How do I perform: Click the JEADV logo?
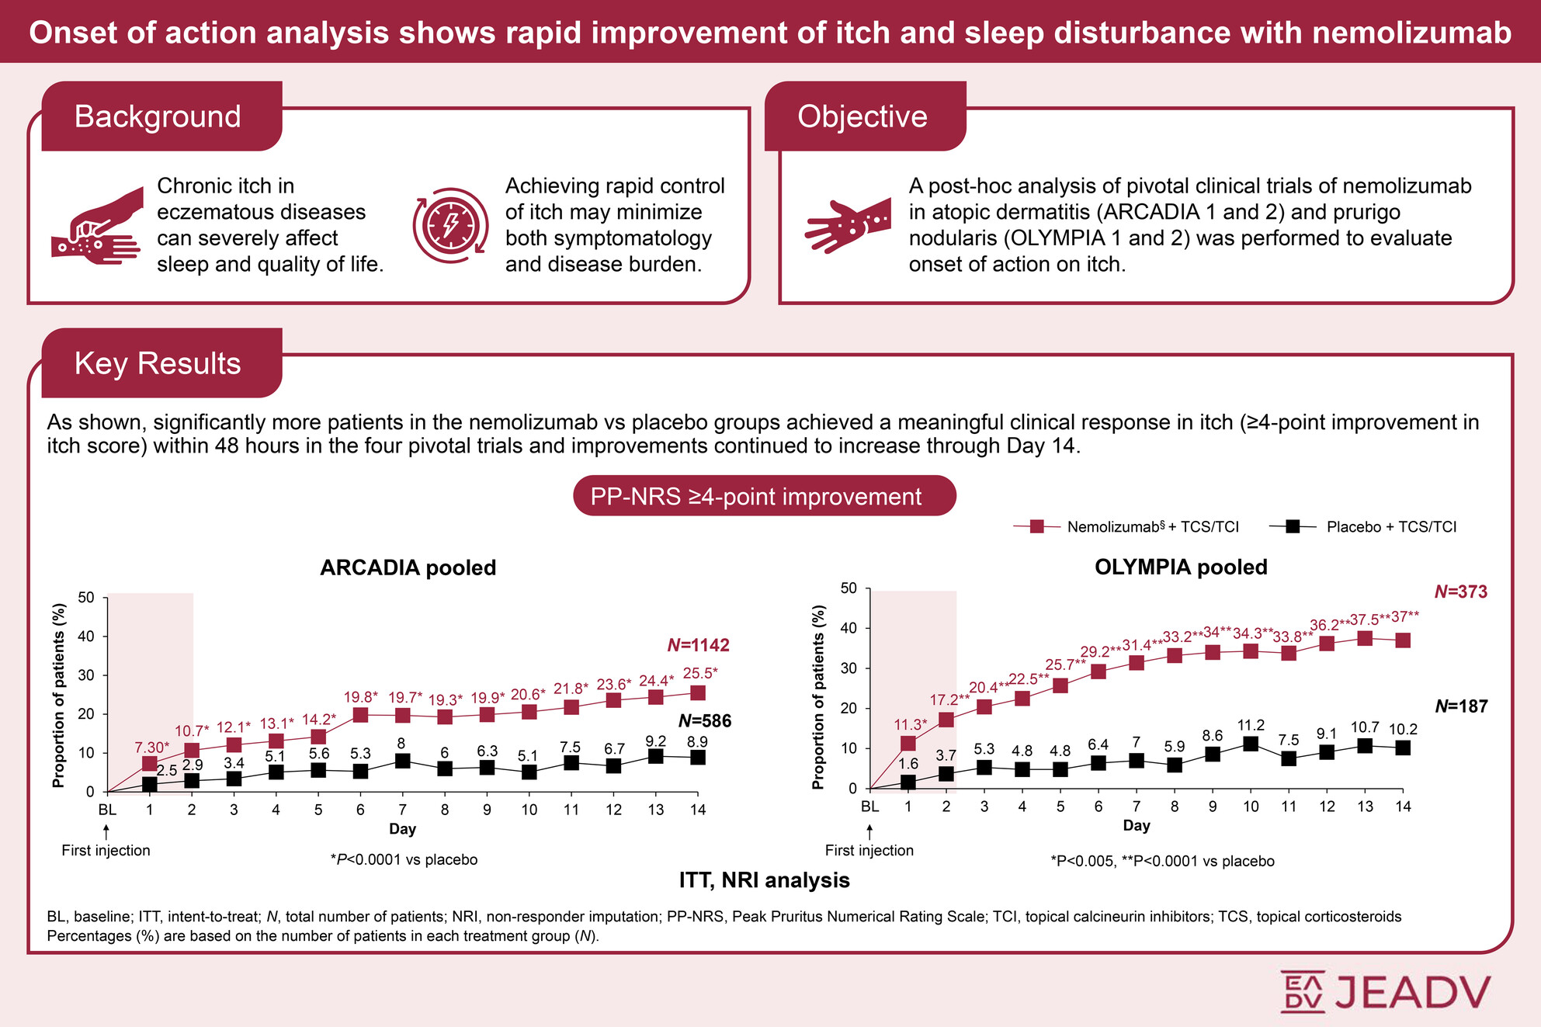pos(1385,991)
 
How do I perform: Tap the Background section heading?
pos(158,116)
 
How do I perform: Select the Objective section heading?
pos(862,116)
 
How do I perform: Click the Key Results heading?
pos(158,363)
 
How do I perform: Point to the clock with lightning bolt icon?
pos(450,225)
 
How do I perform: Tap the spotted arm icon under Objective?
pos(847,224)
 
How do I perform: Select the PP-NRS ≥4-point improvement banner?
pos(764,496)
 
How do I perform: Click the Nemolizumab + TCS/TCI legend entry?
pos(1126,527)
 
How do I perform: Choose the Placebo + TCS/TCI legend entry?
pos(1364,527)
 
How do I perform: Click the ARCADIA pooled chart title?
pos(408,567)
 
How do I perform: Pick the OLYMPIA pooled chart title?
pos(1180,567)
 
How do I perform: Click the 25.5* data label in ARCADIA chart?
pos(699,673)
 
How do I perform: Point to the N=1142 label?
pos(698,645)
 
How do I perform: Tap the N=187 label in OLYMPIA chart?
pos(1461,706)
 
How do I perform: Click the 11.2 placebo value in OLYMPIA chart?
pos(1251,725)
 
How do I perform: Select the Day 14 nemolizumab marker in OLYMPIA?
pos(1403,640)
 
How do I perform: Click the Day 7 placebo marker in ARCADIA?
pos(402,761)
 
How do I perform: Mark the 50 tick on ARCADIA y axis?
pos(86,598)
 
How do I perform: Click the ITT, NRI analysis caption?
pos(764,880)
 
